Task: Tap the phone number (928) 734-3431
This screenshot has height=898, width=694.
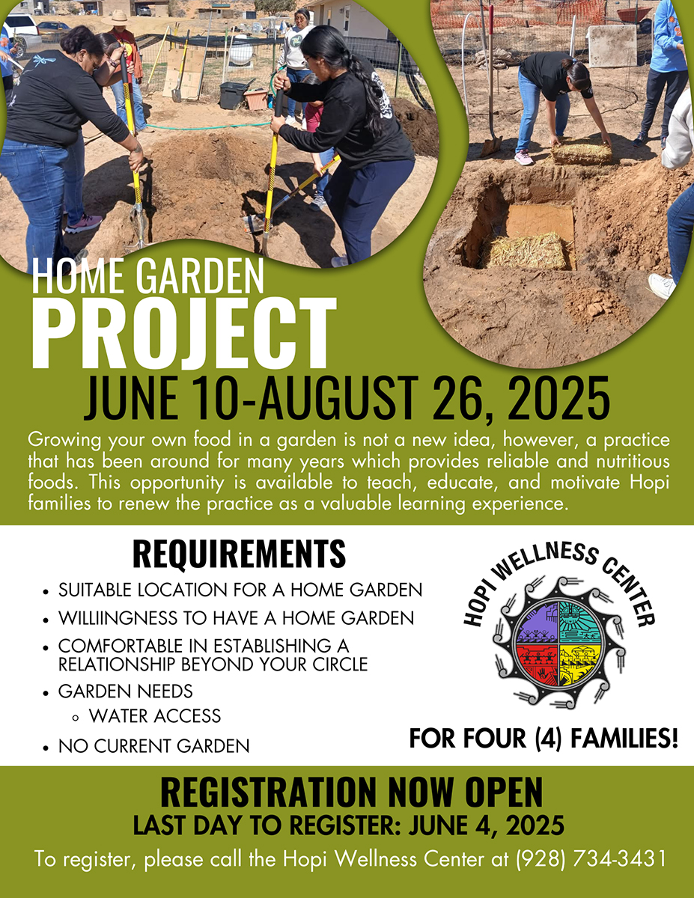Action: pos(591,859)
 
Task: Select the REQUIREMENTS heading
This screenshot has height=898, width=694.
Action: pos(239,554)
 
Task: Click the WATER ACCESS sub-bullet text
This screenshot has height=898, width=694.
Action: pos(155,715)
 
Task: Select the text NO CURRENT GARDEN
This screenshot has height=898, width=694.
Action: pos(153,746)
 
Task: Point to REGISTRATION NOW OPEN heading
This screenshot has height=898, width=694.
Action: pos(351,792)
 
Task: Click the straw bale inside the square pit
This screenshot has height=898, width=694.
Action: pos(526,251)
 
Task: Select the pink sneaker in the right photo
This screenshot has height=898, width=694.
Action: pos(524,157)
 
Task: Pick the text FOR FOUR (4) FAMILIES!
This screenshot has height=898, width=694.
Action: pos(543,739)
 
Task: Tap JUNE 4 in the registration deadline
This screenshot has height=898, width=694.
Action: pos(449,826)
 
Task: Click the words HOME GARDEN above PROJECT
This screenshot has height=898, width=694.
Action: pos(147,276)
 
